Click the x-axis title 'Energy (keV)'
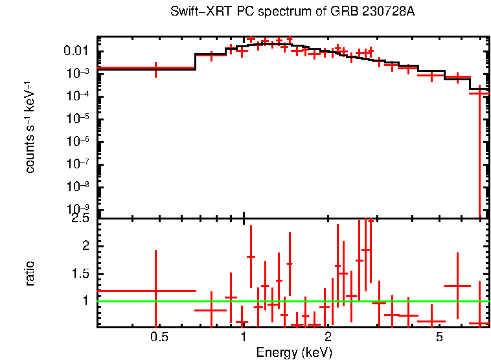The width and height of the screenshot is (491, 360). tap(293, 352)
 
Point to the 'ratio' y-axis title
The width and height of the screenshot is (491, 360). tap(30, 273)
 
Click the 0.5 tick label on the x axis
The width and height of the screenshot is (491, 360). tap(159, 338)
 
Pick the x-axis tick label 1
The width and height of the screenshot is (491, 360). tap(244, 338)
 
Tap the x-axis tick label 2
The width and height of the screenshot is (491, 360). tap(328, 338)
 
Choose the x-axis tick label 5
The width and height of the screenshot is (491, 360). tap(439, 338)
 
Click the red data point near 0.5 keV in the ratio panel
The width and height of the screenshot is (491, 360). tap(155, 291)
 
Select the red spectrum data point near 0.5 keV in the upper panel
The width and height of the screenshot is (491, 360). tap(155, 67)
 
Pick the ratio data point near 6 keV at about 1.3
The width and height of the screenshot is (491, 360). tap(457, 286)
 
